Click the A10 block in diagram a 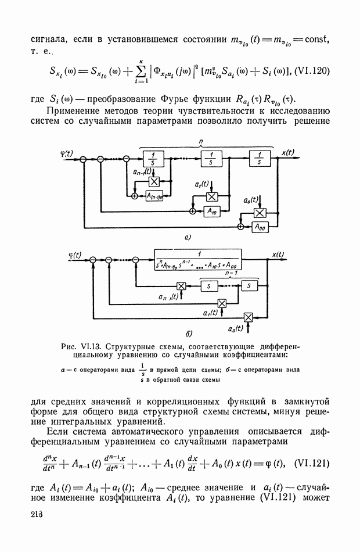[213, 212]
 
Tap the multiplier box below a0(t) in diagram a [260, 213]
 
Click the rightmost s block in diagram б [249, 285]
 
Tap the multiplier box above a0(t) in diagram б [249, 317]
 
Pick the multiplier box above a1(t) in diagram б [221, 303]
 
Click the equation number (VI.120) [311, 71]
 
